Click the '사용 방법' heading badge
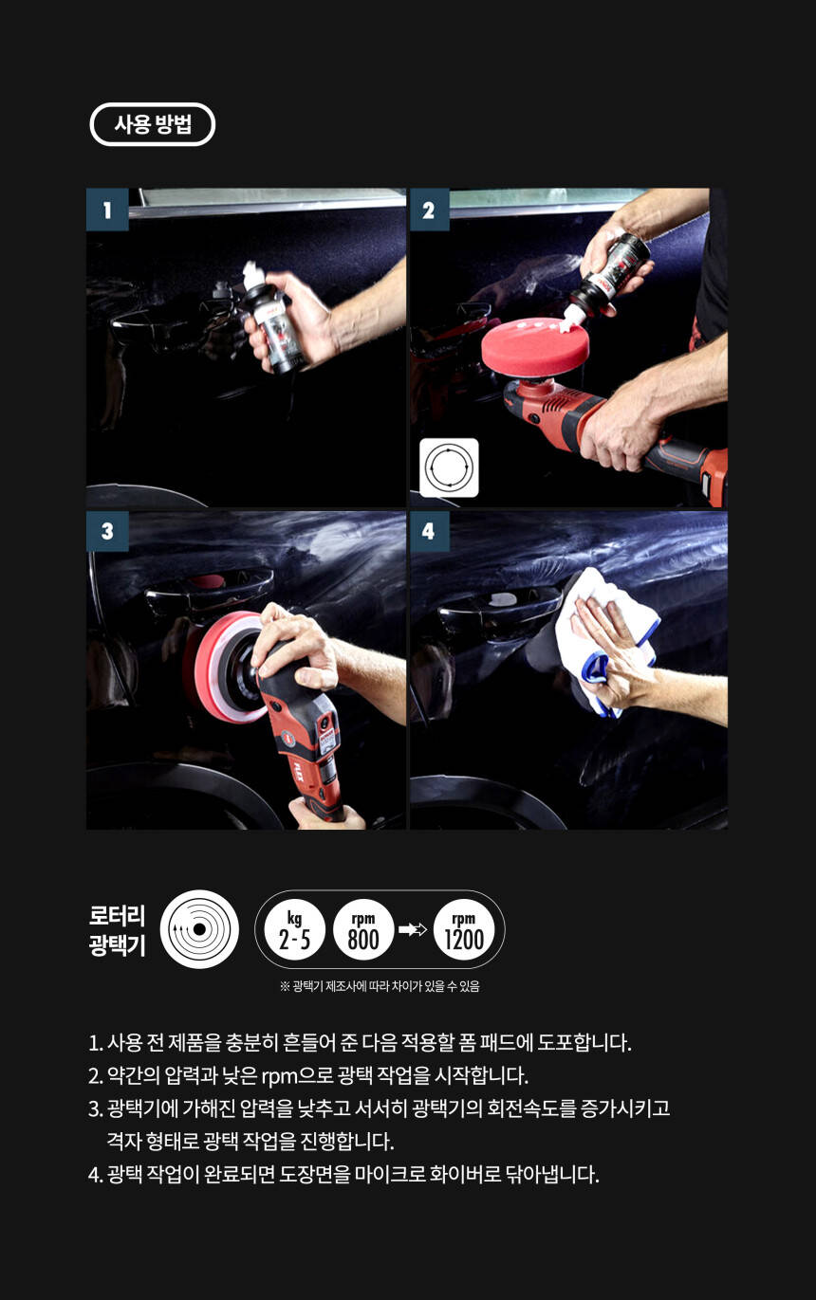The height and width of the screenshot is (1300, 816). point(152,124)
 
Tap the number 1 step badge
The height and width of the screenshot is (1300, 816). point(107,210)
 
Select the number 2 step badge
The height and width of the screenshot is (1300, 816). point(429,210)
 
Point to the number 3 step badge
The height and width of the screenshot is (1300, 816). point(107,531)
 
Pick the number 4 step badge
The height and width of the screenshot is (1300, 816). point(429,531)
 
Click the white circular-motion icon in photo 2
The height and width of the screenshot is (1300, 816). point(449,467)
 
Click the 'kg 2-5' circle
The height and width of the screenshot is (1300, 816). point(294,930)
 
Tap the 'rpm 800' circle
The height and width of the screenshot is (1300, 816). point(363,930)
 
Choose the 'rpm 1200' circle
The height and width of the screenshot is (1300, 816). point(464,930)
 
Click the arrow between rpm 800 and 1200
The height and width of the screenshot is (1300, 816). point(413,930)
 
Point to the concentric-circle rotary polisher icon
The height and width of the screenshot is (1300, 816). point(199,929)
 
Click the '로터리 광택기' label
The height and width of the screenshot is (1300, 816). point(117,930)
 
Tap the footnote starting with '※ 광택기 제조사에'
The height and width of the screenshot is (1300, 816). point(380,986)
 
